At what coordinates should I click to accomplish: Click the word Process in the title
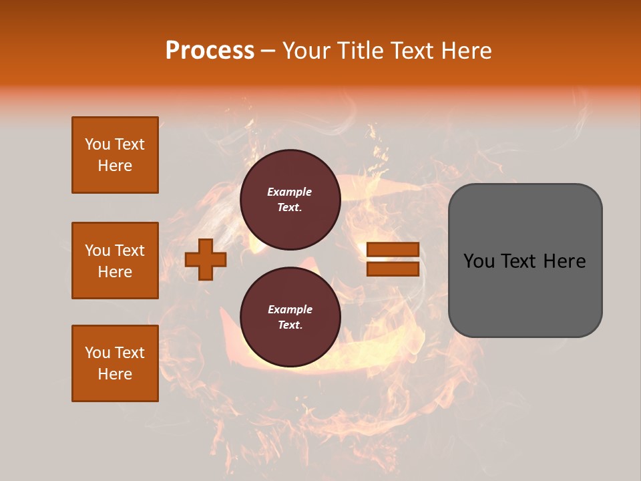tap(210, 51)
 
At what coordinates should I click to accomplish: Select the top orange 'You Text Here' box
tap(115, 155)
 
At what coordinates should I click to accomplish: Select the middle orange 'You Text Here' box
tap(115, 261)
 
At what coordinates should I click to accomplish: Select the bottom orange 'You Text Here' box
tap(115, 363)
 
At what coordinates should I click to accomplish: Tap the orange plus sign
tap(206, 260)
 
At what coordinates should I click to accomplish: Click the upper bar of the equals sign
tap(393, 249)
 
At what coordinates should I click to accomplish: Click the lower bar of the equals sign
tap(393, 269)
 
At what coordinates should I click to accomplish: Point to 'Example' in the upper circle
tap(290, 192)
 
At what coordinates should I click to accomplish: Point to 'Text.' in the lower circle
tap(290, 325)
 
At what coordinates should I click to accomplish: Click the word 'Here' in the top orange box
tap(115, 166)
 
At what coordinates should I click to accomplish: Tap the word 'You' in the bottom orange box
tap(97, 353)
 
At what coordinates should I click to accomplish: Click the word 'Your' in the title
tap(306, 51)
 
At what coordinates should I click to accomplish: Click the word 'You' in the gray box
tap(479, 261)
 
